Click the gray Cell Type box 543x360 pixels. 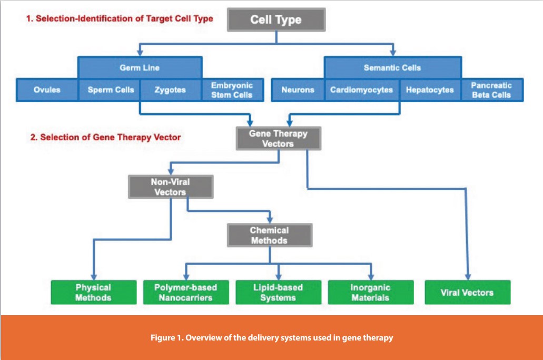click(x=277, y=20)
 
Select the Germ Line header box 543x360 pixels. click(x=140, y=67)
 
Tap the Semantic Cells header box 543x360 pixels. click(x=392, y=67)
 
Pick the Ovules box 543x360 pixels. click(x=47, y=90)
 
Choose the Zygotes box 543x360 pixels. click(x=170, y=90)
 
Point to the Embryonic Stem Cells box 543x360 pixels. click(x=232, y=90)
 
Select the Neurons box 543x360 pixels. click(x=298, y=90)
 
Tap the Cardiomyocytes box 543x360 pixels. click(x=361, y=90)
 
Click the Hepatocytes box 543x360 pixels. click(x=430, y=90)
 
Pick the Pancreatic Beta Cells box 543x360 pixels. click(x=491, y=90)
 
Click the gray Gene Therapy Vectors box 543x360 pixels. click(x=278, y=139)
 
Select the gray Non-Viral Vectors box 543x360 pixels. click(x=171, y=187)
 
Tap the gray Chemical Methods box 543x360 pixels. click(x=269, y=235)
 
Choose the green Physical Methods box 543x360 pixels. click(x=93, y=292)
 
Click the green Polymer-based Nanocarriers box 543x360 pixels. click(x=185, y=292)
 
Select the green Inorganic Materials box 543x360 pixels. click(x=370, y=292)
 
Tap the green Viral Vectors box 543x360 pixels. click(x=467, y=292)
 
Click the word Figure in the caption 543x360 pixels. click(x=163, y=338)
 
